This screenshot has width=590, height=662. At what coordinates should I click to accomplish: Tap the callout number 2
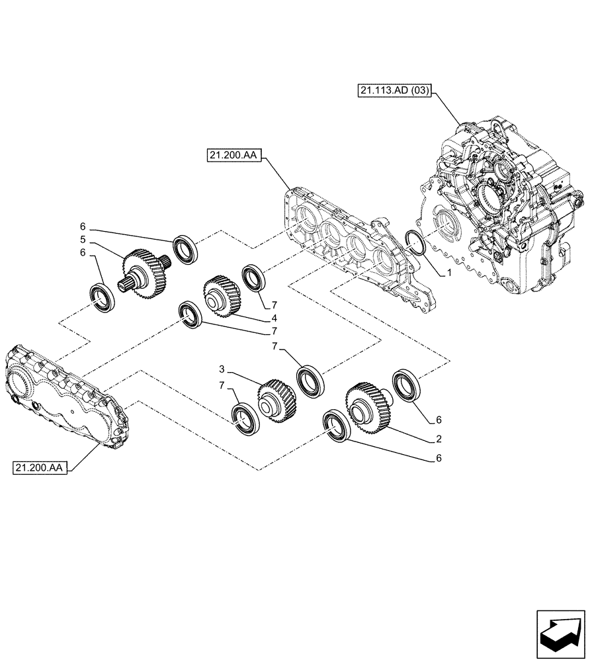point(439,438)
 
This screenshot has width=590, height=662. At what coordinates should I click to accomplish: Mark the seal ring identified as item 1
point(415,243)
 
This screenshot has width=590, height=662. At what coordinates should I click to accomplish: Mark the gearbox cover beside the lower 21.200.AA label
point(66,397)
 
